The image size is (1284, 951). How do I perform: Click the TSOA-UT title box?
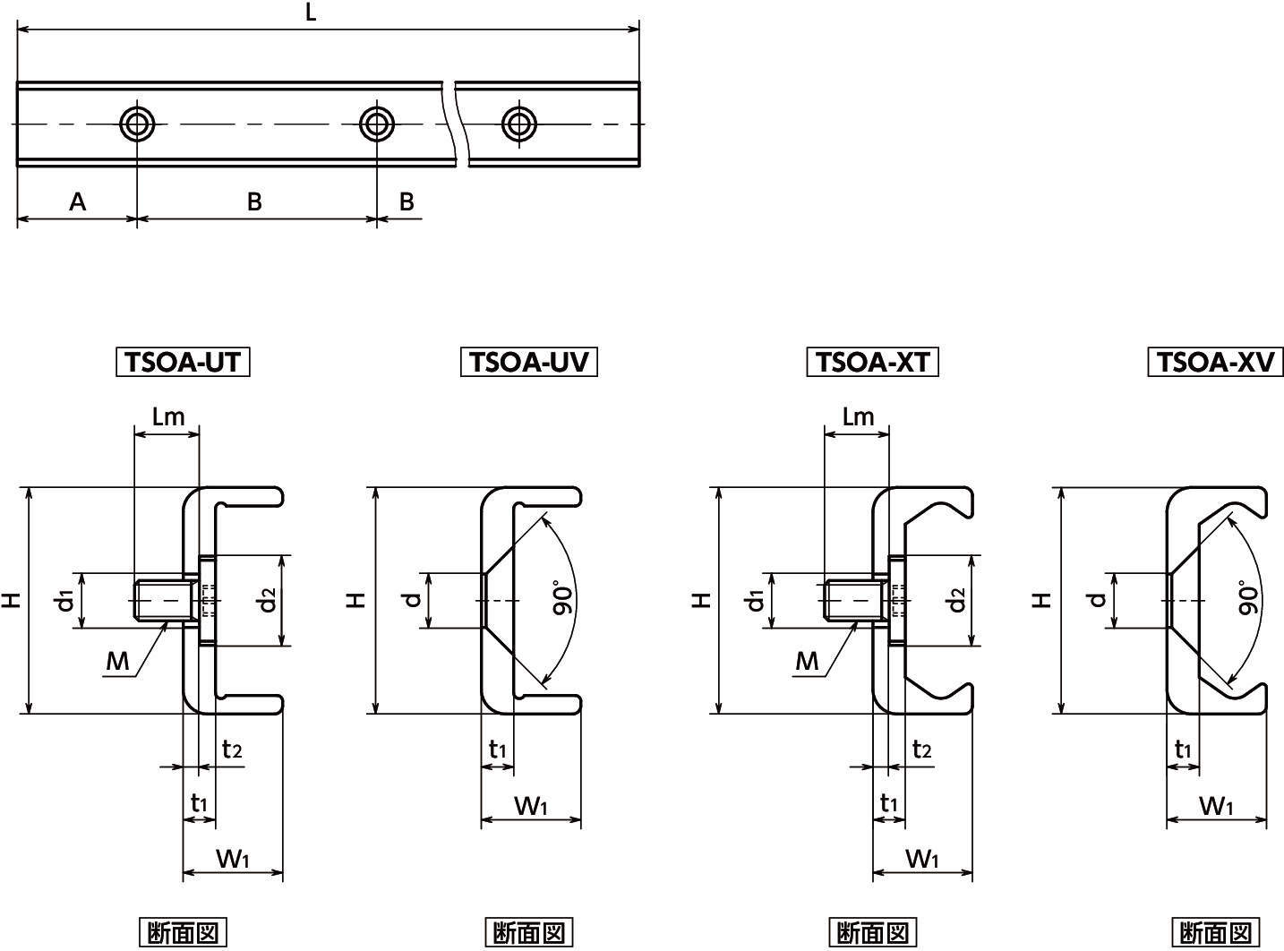pos(183,362)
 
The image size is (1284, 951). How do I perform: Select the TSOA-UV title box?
pos(528,362)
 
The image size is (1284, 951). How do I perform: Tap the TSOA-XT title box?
pos(872,362)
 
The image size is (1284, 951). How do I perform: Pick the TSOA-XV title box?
pos(1216,362)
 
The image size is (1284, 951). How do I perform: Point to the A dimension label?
pos(78,202)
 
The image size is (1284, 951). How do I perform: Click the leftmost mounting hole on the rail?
pos(137,124)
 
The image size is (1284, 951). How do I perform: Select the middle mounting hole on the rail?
pos(377,124)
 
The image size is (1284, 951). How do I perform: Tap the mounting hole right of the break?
pos(518,124)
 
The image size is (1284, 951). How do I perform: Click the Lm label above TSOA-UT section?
pos(168,416)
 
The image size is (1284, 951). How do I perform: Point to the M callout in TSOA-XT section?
pos(807,661)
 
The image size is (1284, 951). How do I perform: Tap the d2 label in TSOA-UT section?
pos(268,600)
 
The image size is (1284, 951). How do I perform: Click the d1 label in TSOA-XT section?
pos(756,601)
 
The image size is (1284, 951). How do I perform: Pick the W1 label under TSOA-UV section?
pos(531,806)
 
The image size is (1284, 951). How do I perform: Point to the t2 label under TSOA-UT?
pos(232,750)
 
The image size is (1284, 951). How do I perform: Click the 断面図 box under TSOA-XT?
pos(872,932)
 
